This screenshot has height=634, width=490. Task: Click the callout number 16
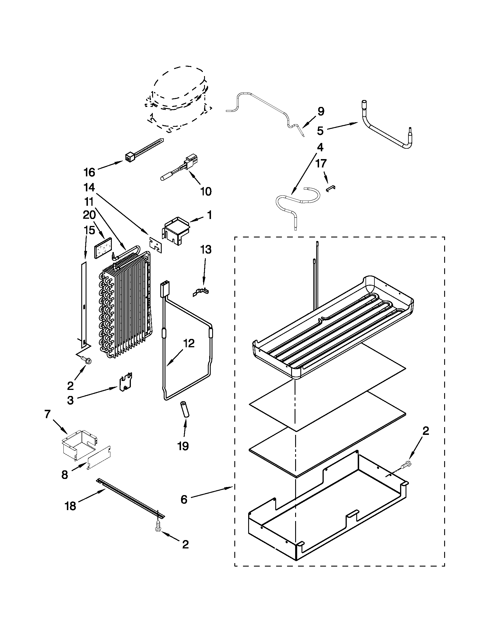click(89, 172)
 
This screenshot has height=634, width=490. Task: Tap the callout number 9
click(321, 112)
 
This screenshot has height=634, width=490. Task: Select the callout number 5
click(320, 131)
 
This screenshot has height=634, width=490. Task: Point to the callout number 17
click(321, 163)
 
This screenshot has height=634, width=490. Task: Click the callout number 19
click(183, 446)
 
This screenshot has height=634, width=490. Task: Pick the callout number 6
click(184, 500)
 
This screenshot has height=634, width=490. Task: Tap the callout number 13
click(206, 250)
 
